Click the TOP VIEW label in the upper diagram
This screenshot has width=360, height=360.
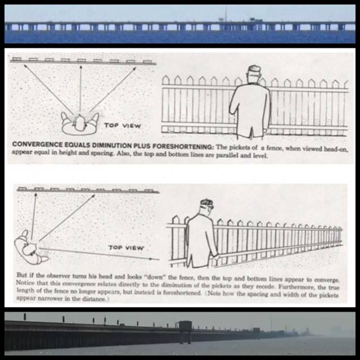(123, 125)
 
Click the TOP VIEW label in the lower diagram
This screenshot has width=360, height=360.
(126, 247)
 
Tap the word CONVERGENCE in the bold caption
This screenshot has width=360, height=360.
(37, 145)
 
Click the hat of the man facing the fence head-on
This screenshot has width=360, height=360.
(255, 69)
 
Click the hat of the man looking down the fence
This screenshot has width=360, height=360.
(207, 203)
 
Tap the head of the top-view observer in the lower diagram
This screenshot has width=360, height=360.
(30, 249)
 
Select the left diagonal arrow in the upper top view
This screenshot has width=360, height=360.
(48, 89)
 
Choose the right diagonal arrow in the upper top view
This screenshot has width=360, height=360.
(113, 89)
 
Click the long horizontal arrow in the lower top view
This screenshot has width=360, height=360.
(99, 254)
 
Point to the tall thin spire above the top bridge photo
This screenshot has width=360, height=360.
(226, 13)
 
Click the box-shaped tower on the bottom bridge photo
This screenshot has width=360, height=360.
(185, 327)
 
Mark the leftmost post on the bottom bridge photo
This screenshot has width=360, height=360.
(25, 317)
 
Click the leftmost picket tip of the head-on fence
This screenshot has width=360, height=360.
(165, 77)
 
